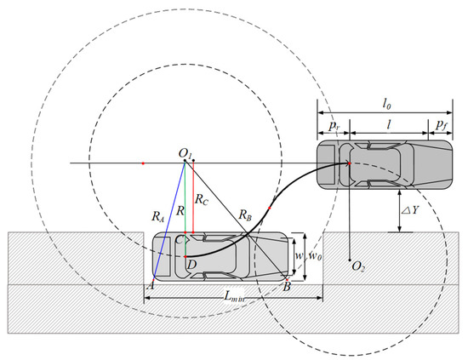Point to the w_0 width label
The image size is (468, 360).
[316, 256]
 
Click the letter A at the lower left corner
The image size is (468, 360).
[151, 287]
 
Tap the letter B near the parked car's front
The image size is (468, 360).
[287, 287]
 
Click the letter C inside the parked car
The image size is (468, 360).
[179, 241]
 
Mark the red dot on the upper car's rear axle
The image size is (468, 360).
[350, 163]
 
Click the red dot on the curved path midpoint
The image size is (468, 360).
[270, 207]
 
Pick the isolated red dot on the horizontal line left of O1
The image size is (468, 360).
[144, 162]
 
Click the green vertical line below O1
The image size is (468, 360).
[185, 204]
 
